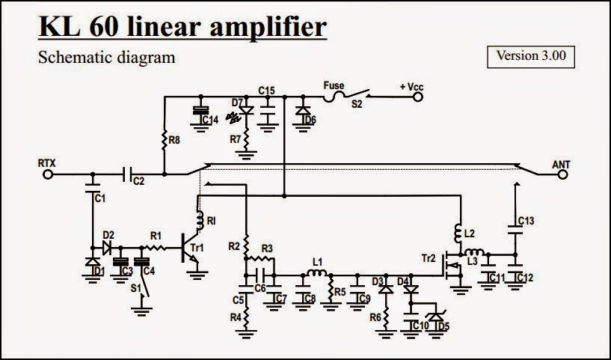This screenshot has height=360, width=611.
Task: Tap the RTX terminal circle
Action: pyautogui.click(x=50, y=174)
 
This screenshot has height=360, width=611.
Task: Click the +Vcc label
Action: pyautogui.click(x=411, y=88)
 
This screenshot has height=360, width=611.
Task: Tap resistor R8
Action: pyautogui.click(x=163, y=138)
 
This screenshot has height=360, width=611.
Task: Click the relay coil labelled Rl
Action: pyautogui.click(x=200, y=220)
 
